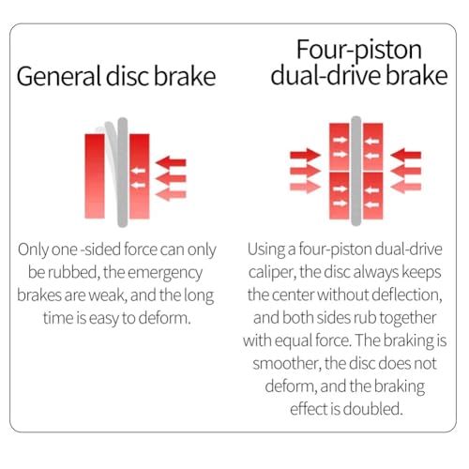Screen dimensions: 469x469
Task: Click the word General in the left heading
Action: coord(59,76)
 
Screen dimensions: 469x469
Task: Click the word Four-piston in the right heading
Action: coord(359,51)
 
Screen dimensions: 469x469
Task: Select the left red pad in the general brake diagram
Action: coord(95,176)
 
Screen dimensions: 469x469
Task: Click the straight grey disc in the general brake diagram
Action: coord(123,172)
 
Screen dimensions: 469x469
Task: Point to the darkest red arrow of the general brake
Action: coord(171,162)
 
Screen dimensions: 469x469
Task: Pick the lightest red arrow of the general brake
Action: coord(171,194)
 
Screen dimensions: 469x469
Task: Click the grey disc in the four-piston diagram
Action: coord(356,171)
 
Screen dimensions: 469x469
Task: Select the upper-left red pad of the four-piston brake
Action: coord(340,146)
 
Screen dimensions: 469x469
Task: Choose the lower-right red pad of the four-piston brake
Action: coord(373,196)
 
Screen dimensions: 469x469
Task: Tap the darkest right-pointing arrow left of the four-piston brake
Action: coord(306,155)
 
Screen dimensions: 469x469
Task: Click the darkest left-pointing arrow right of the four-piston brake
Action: coord(406,155)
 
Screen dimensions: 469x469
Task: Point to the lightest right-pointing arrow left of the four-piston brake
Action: coord(306,187)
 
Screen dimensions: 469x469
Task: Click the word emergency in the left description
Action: coord(165,273)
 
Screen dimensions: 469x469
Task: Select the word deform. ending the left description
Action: coord(164,318)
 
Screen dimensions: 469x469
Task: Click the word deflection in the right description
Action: coord(407,295)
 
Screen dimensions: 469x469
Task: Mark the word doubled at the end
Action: coord(372,409)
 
